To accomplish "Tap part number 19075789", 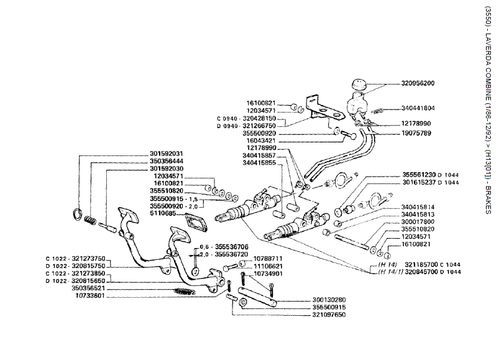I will pos(417,133).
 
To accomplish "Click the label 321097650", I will pos(328,315).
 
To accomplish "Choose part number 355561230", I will pos(418,175).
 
